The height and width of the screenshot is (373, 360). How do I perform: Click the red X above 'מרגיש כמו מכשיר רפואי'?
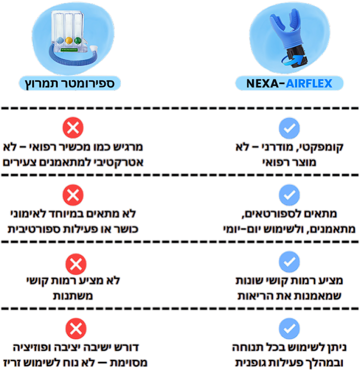coord(73,129)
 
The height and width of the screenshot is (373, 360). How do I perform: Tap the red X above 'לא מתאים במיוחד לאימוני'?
coord(73,195)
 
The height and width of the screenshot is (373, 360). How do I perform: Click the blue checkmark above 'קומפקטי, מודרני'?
coord(289,129)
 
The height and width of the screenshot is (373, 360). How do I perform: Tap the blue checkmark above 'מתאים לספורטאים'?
coord(289,195)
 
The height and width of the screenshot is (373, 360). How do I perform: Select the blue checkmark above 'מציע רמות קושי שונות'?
coord(289,262)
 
